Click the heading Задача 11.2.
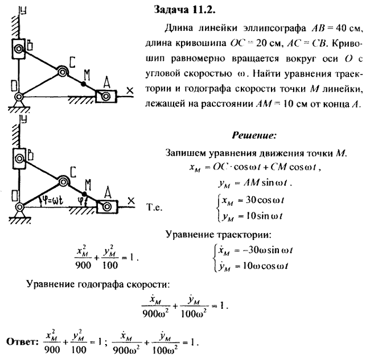click(x=184, y=10)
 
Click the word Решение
click(x=254, y=135)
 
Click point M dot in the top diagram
click(x=83, y=84)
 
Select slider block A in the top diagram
click(x=106, y=96)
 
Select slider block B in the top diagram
click(x=19, y=49)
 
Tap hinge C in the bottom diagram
click(x=63, y=182)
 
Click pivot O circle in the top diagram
click(x=19, y=97)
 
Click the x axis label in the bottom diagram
click(x=131, y=201)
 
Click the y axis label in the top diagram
click(x=23, y=11)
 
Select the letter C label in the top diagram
click(x=72, y=62)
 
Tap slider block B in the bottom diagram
click(x=19, y=159)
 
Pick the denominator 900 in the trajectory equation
click(x=83, y=266)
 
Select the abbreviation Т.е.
click(x=154, y=207)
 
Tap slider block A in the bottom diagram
click(x=107, y=207)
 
